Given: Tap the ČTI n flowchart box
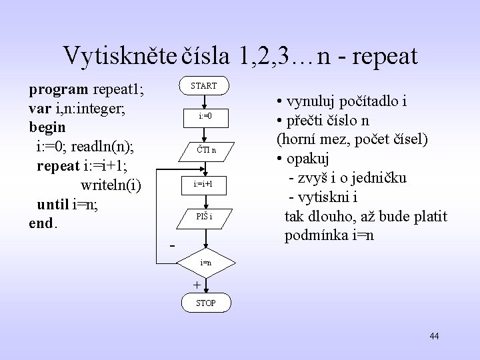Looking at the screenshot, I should [205, 150].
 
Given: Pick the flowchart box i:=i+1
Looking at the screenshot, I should [205, 183].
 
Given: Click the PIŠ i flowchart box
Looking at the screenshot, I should [205, 215].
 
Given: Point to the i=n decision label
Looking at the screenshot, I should [206, 263].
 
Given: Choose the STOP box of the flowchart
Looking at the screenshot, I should [205, 304].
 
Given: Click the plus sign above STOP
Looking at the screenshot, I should [196, 285].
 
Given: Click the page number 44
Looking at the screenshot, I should [434, 336].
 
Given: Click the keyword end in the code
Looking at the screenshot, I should [41, 223].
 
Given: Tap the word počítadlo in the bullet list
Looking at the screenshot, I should [367, 102].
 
